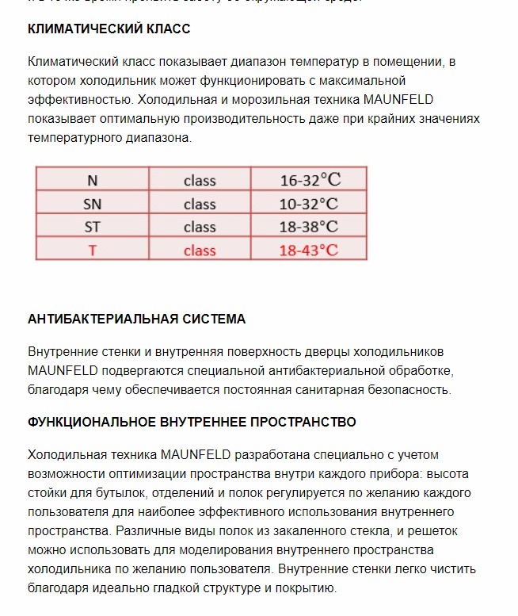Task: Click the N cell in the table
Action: click(x=93, y=180)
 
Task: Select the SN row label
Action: click(x=93, y=204)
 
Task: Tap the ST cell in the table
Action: click(x=93, y=227)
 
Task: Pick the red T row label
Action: click(x=93, y=251)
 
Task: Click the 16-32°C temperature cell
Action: click(x=308, y=180)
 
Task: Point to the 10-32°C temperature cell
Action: click(x=308, y=204)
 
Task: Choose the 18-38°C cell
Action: click(x=308, y=227)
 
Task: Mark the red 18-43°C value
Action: click(x=308, y=251)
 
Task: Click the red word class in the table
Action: click(x=200, y=251)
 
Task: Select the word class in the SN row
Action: click(x=200, y=204)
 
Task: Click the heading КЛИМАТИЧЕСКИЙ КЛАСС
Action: click(x=109, y=29)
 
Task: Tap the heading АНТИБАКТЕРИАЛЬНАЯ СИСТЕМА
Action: click(x=136, y=319)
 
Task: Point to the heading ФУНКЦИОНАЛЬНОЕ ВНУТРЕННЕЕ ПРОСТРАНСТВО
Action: click(x=192, y=422)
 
